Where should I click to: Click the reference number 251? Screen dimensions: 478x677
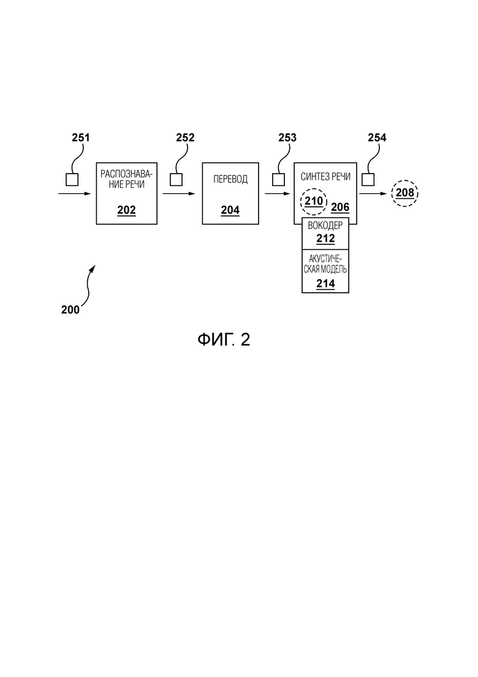click(81, 137)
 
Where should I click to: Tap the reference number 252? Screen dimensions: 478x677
click(185, 137)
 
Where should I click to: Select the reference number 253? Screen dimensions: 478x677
click(287, 137)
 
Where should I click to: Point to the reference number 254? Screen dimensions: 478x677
click(377, 137)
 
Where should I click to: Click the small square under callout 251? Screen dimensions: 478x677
click(72, 179)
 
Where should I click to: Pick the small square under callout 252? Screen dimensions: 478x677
click(176, 179)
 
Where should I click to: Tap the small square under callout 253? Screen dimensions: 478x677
click(278, 179)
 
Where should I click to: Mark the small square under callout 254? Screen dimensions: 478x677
click(368, 179)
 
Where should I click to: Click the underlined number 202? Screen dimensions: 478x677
click(126, 211)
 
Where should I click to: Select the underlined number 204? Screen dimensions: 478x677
click(230, 211)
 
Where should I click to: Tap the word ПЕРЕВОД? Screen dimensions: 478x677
click(230, 179)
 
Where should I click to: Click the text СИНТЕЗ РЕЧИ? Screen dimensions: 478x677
click(325, 177)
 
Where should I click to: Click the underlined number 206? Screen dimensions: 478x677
click(340, 207)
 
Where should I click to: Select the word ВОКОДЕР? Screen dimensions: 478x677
click(325, 226)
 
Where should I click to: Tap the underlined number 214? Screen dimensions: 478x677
click(325, 284)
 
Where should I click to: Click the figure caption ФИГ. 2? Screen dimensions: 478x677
click(224, 340)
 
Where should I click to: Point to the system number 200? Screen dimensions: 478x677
click(70, 309)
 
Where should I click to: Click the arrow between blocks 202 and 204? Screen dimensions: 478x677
click(179, 193)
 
